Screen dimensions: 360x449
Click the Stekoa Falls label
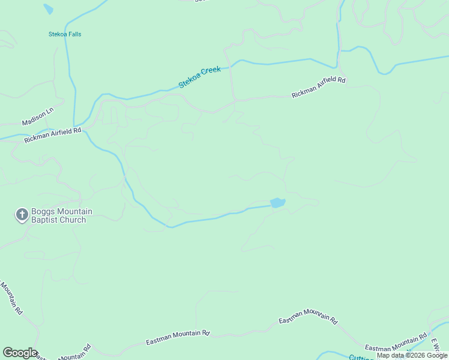(x=65, y=34)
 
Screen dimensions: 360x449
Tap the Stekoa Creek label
(x=200, y=77)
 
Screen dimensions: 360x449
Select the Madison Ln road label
(x=38, y=117)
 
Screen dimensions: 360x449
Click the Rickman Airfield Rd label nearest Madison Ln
(x=53, y=135)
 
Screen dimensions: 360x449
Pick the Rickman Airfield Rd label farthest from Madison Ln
(x=319, y=88)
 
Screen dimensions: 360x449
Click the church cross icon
(x=22, y=215)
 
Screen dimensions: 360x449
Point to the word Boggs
(x=45, y=212)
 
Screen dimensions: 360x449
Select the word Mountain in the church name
(x=75, y=212)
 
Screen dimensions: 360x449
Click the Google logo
(x=19, y=353)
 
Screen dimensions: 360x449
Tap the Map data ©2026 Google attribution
(x=412, y=356)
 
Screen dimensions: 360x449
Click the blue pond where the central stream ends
(x=277, y=203)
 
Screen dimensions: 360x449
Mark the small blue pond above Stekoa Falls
(x=48, y=9)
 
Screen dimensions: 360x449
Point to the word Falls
(x=74, y=34)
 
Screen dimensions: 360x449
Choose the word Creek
(x=211, y=72)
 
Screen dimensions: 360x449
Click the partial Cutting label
(x=362, y=356)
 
